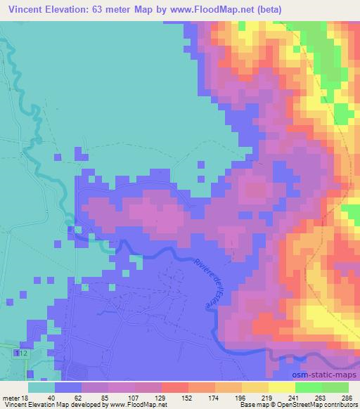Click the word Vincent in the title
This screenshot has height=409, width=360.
29,11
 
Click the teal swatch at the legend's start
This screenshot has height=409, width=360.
41,387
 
